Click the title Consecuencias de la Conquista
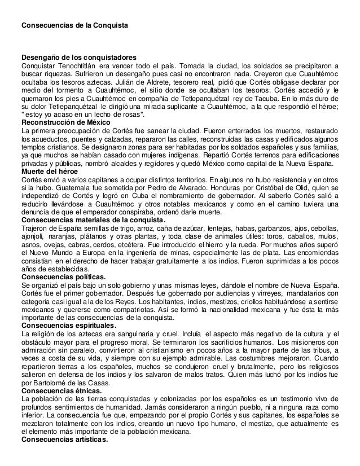(74, 26)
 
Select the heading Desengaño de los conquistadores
(78, 58)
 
